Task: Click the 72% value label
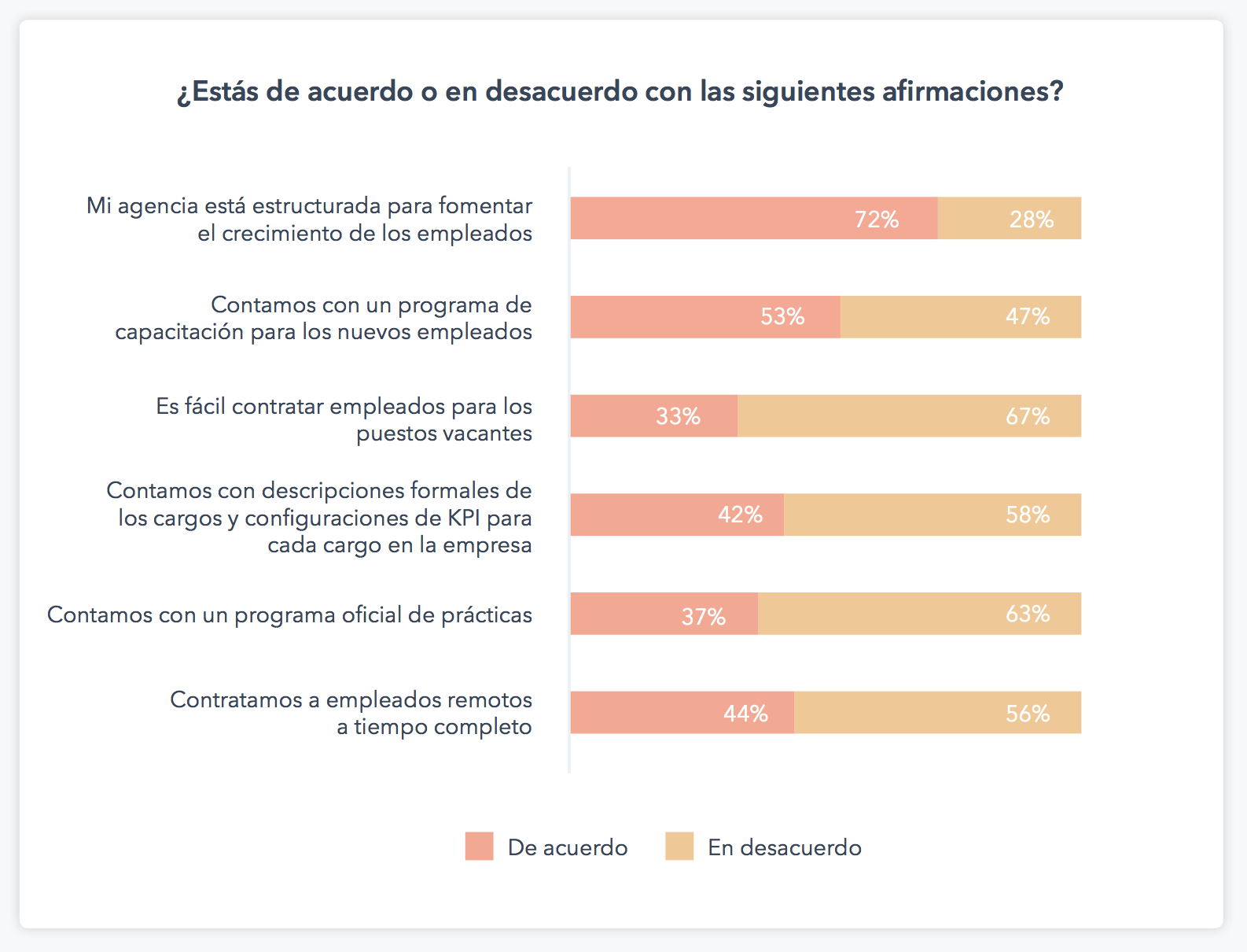877,220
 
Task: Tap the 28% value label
1031,220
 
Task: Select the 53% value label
782,317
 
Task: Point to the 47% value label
1028,317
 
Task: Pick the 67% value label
1028,416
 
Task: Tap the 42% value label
740,515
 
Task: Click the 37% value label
703,617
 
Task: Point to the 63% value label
1028,614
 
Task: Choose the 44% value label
745,714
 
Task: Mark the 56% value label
1028,714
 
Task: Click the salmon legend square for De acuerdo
479,847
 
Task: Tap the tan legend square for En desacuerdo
679,847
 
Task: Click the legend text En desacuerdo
785,847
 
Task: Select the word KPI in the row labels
464,518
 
